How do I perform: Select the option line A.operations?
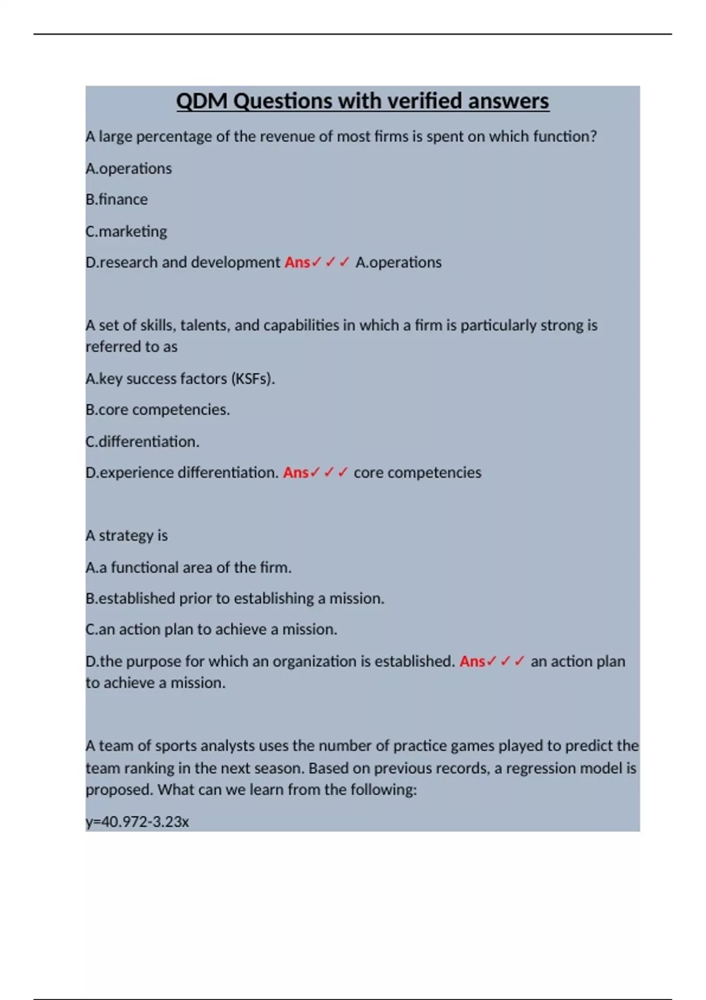click(129, 168)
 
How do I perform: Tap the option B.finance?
click(116, 199)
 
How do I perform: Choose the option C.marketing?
click(126, 231)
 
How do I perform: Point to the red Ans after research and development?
click(297, 262)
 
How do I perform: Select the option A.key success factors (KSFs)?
click(180, 378)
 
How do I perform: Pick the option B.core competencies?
click(158, 409)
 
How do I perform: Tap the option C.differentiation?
click(142, 441)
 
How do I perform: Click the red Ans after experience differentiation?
click(295, 472)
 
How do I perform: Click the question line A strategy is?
click(126, 535)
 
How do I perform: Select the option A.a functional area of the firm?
click(188, 567)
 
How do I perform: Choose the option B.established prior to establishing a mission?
click(235, 598)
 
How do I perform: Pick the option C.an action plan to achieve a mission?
click(211, 629)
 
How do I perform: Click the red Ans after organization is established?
click(472, 661)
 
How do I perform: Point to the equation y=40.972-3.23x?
click(137, 821)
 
